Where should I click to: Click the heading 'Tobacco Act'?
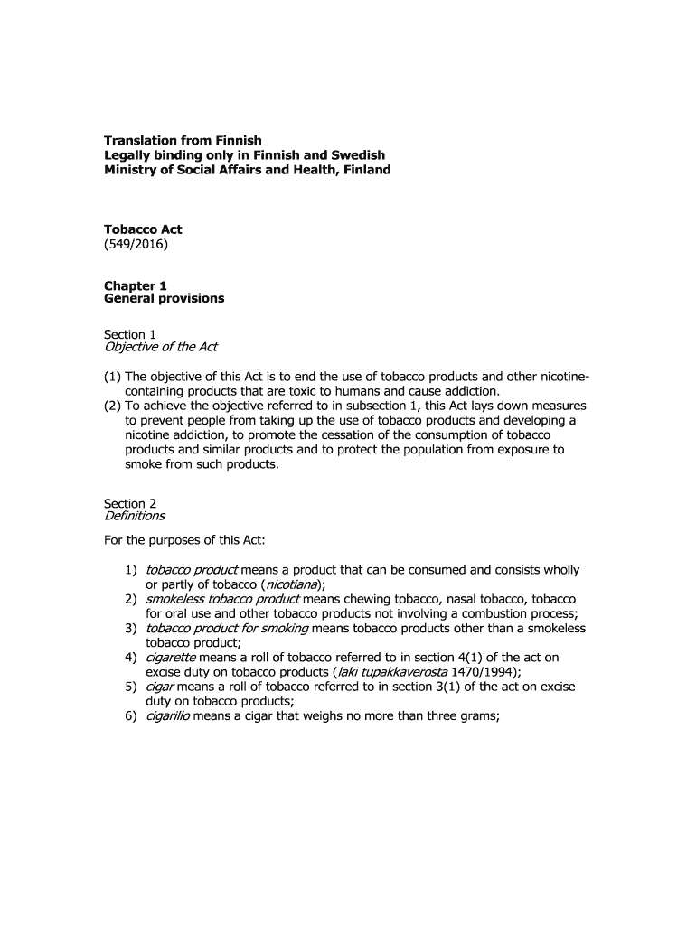click(143, 229)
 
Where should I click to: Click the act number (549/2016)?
click(136, 244)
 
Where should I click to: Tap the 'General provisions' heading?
click(165, 298)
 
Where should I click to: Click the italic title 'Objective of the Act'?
click(161, 348)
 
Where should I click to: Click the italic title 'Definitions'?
click(135, 517)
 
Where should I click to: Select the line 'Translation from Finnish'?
click(183, 140)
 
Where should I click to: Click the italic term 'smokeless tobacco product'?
click(223, 599)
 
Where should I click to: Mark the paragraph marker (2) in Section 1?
click(113, 406)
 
